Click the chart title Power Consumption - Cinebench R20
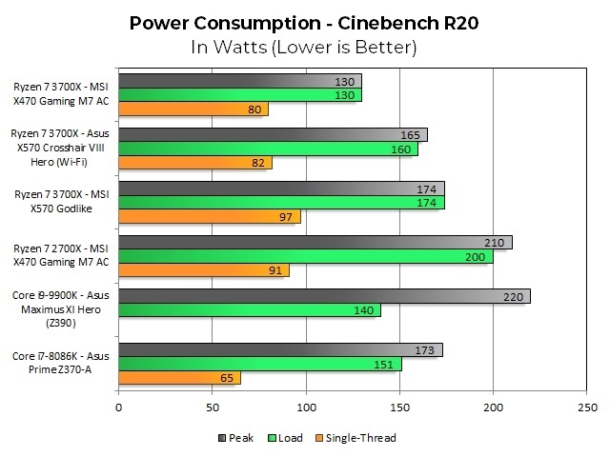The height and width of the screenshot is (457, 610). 304,22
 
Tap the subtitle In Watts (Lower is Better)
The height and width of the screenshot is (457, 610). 304,46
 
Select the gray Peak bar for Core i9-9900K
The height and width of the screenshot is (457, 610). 323,296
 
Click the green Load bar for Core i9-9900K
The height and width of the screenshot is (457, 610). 249,310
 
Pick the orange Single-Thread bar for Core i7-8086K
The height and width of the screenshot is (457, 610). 179,378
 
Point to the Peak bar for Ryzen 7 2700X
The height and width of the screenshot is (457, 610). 315,243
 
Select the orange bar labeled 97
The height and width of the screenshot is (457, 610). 209,217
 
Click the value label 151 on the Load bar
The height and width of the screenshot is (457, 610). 387,364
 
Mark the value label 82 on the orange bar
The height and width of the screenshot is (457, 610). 258,164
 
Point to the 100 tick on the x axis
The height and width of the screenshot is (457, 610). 305,407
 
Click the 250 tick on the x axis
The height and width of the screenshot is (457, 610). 586,407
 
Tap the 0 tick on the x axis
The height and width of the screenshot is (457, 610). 118,407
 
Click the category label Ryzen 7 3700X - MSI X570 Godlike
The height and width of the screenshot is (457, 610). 64,202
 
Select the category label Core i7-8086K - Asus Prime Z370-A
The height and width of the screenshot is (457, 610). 64,363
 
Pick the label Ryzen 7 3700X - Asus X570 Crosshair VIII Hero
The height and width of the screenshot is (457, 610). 64,149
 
